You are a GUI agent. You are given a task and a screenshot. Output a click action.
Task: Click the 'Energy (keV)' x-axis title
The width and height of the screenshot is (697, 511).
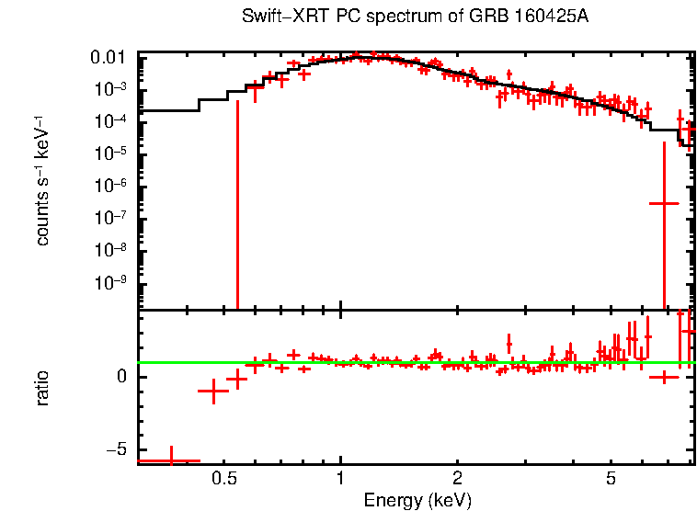pyautogui.click(x=417, y=501)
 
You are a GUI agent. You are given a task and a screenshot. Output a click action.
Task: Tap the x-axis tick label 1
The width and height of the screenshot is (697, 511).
pyautogui.click(x=341, y=479)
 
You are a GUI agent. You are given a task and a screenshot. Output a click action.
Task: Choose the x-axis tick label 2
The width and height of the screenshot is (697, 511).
pyautogui.click(x=457, y=479)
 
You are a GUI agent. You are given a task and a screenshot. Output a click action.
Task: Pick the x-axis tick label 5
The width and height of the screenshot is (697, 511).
pyautogui.click(x=611, y=479)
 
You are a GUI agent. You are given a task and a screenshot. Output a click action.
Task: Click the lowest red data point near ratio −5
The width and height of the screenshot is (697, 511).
pyautogui.click(x=170, y=460)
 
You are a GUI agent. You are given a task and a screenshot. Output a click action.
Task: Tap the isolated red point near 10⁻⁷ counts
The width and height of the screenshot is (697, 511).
pyautogui.click(x=664, y=203)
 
